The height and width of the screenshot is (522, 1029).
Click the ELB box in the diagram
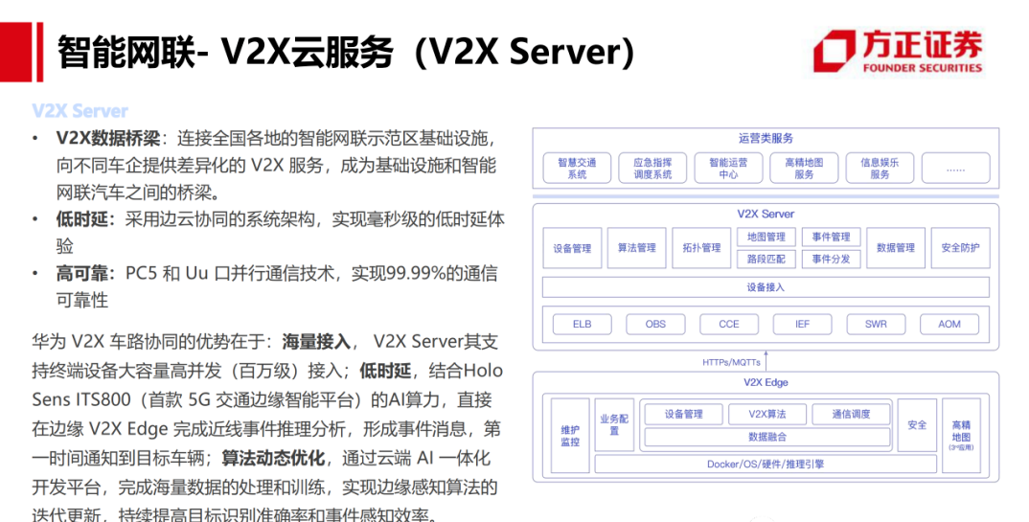pos(582,324)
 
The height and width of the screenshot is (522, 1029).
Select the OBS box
pos(655,324)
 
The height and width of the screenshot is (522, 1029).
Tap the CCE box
pos(729,324)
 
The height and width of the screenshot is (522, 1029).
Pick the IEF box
pos(803,324)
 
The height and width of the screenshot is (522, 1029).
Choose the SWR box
pos(876,324)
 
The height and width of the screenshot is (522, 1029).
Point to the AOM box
pos(949,324)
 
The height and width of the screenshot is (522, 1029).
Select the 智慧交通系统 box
pos(577,169)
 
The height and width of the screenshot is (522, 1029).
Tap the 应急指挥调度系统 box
pos(652,169)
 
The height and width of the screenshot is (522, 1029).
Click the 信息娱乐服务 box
pos(880,169)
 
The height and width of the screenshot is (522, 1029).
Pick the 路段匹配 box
pos(766,259)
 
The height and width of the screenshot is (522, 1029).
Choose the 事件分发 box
pos(831,259)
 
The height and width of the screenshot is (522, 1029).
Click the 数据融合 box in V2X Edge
pos(767,437)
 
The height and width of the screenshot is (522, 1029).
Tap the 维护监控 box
pos(570,436)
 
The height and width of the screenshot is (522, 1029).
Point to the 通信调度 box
pos(851,414)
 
